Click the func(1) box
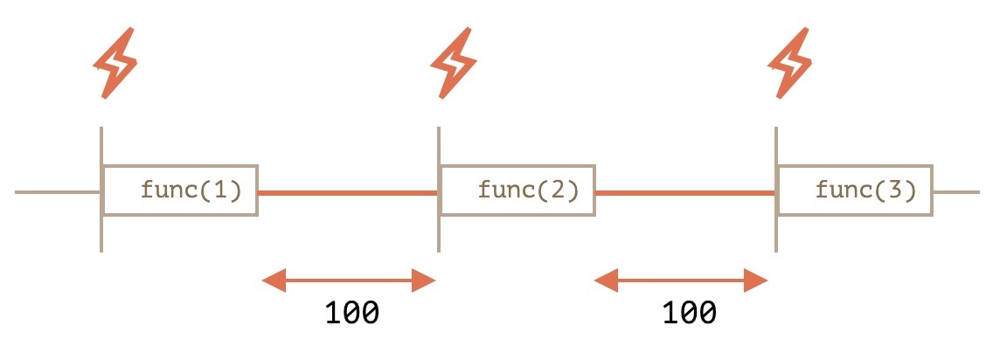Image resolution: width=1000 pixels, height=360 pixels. (180, 190)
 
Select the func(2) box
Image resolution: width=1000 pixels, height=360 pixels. (517, 190)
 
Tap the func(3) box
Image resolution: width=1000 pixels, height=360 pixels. (855, 190)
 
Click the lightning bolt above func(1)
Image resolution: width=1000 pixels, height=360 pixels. (115, 63)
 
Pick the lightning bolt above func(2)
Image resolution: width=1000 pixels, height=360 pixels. (453, 63)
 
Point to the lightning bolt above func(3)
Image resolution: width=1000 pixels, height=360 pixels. (790, 63)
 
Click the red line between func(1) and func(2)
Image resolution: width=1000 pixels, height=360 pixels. (347, 192)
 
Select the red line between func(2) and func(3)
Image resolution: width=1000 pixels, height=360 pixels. (684, 192)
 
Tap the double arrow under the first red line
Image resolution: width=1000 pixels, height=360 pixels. (349, 280)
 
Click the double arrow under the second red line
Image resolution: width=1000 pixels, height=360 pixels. (681, 280)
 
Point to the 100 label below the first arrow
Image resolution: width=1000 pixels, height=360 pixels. (351, 313)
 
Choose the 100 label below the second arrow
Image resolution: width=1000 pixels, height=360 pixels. (689, 313)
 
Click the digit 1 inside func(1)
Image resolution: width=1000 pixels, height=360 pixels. (222, 190)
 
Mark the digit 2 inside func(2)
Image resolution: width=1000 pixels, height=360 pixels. (559, 190)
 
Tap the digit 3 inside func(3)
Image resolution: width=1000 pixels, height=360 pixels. (896, 190)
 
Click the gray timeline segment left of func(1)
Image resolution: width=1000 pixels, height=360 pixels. (57, 192)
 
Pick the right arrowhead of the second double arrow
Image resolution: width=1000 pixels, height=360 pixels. (756, 280)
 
